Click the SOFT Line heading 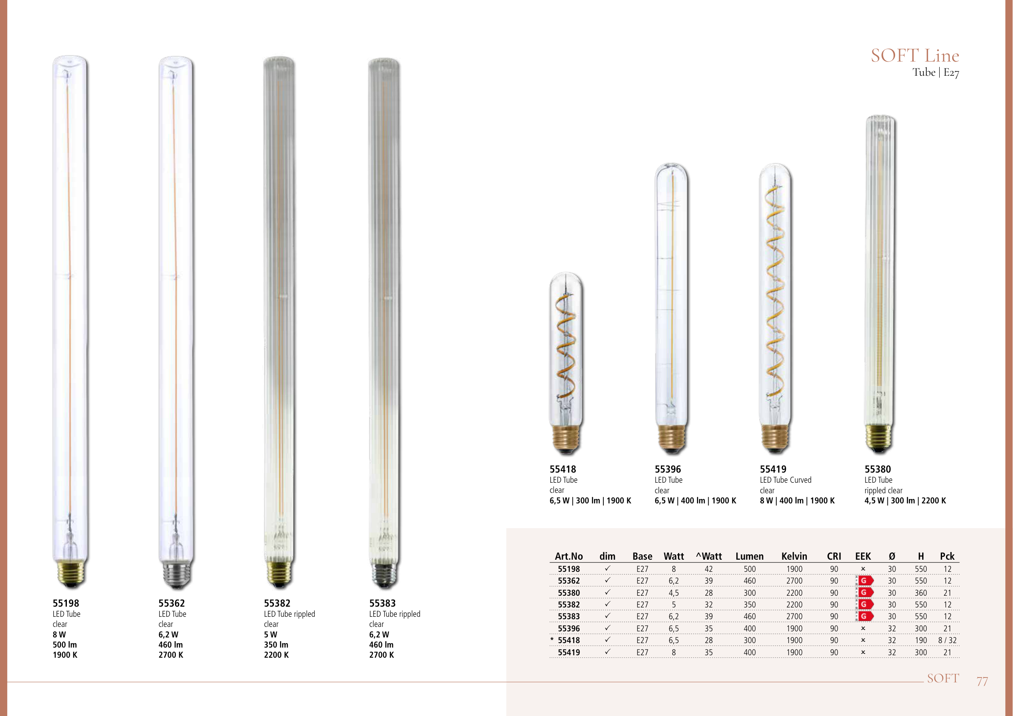click(x=915, y=55)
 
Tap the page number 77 click(x=982, y=682)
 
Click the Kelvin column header click(x=794, y=556)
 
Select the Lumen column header click(x=750, y=556)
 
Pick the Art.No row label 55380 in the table click(x=569, y=593)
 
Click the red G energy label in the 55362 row click(x=864, y=581)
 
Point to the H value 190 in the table click(x=921, y=640)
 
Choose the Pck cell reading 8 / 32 click(x=947, y=640)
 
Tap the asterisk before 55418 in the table click(x=552, y=639)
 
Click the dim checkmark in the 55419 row click(x=607, y=652)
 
